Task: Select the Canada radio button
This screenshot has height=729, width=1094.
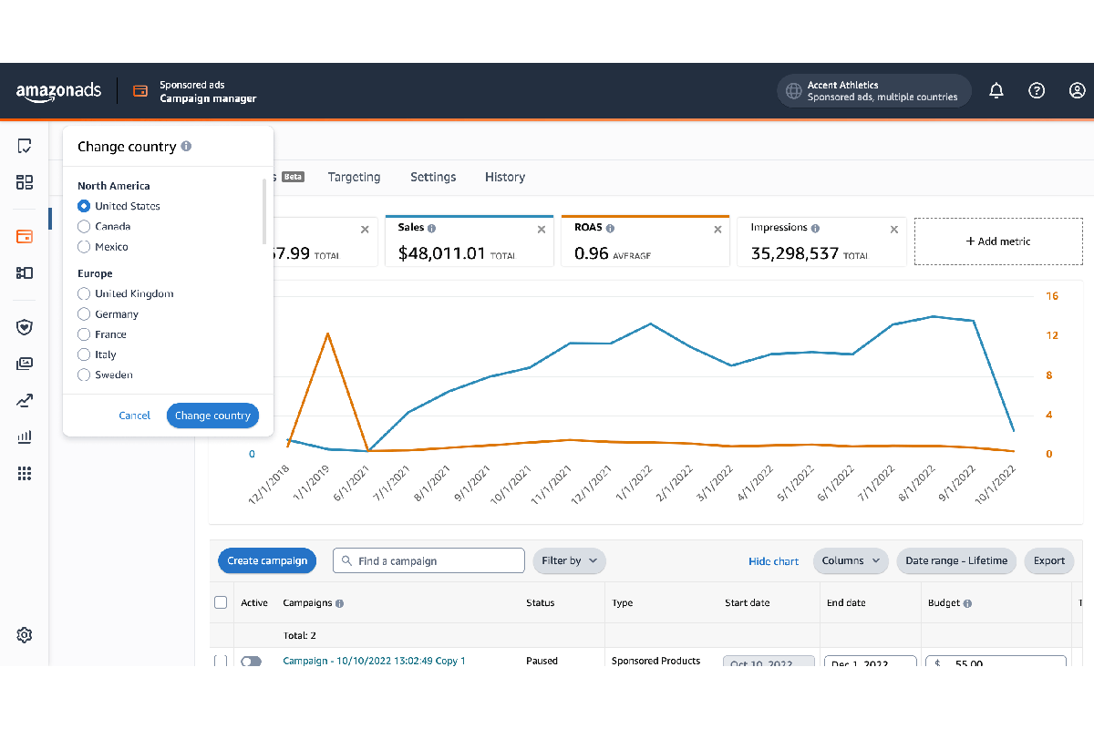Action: [x=85, y=226]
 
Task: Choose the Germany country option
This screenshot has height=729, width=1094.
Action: [x=85, y=314]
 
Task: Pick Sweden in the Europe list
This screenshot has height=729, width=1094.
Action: [x=85, y=375]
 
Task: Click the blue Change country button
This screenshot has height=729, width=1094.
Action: [x=212, y=416]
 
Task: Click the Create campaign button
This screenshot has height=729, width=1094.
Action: [x=267, y=560]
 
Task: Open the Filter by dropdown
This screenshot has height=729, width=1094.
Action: [x=569, y=560]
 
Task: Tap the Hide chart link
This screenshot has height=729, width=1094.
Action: [x=773, y=561]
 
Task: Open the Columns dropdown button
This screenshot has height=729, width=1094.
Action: [x=851, y=560]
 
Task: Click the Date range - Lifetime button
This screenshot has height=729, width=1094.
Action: [x=956, y=560]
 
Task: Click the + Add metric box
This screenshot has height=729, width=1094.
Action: [x=998, y=241]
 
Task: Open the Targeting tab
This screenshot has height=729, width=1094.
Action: [x=354, y=177]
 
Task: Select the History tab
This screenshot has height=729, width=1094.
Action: [x=505, y=177]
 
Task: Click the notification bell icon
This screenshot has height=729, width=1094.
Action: [x=996, y=90]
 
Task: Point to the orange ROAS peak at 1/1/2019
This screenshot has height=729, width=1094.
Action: [x=327, y=334]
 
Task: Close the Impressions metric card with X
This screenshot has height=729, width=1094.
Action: [x=893, y=230]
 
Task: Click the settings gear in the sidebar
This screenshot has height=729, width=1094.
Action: [x=25, y=635]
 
